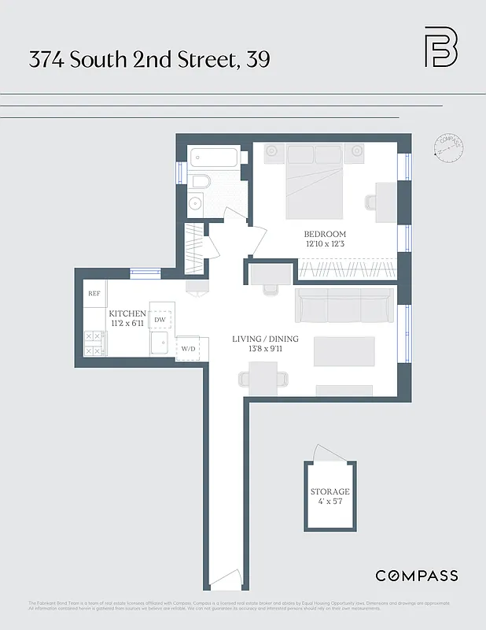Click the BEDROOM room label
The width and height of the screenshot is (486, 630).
pos(325,235)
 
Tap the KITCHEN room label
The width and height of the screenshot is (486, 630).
pos(127,313)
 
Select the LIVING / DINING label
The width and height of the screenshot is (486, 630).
pos(263,339)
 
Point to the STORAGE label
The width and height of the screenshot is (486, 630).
pos(330,491)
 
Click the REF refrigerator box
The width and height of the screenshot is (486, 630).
pos(94,294)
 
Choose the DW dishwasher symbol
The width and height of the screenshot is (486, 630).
pos(160,320)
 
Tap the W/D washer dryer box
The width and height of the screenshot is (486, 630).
pos(189,348)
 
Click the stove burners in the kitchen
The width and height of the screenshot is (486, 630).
pos(94,343)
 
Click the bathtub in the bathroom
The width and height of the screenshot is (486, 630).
pos(213,156)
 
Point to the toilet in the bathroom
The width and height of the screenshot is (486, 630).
pos(200,182)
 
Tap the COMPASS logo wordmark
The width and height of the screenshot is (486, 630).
pos(416,576)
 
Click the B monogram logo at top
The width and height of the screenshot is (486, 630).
pos(440,47)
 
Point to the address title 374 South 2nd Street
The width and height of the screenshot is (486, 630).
pos(149,58)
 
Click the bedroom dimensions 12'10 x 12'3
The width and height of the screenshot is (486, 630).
pos(325,245)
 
